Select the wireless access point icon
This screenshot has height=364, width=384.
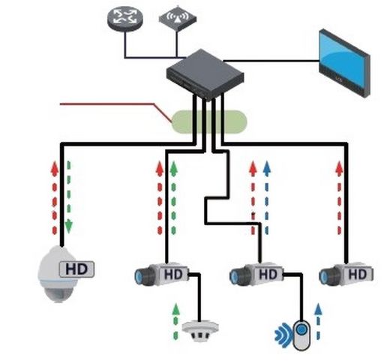click(x=178, y=19)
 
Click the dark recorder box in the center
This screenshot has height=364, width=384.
click(x=205, y=74)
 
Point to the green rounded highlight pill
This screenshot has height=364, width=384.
click(x=209, y=122)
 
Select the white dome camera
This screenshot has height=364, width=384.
click(x=58, y=274)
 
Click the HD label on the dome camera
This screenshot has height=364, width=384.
click(x=76, y=269)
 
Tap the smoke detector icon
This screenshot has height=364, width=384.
click(x=199, y=329)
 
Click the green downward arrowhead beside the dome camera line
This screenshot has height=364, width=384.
click(x=68, y=227)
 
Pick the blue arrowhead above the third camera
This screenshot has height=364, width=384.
click(x=267, y=167)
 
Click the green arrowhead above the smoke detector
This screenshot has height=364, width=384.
click(x=176, y=309)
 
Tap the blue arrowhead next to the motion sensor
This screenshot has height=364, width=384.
click(x=318, y=309)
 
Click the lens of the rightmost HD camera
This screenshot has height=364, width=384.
click(x=325, y=277)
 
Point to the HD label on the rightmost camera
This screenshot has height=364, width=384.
click(x=358, y=275)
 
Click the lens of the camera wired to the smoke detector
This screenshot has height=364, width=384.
click(x=140, y=276)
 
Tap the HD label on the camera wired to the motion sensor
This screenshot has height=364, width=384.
click(x=268, y=274)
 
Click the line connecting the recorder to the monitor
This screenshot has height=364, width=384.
click(x=271, y=61)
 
